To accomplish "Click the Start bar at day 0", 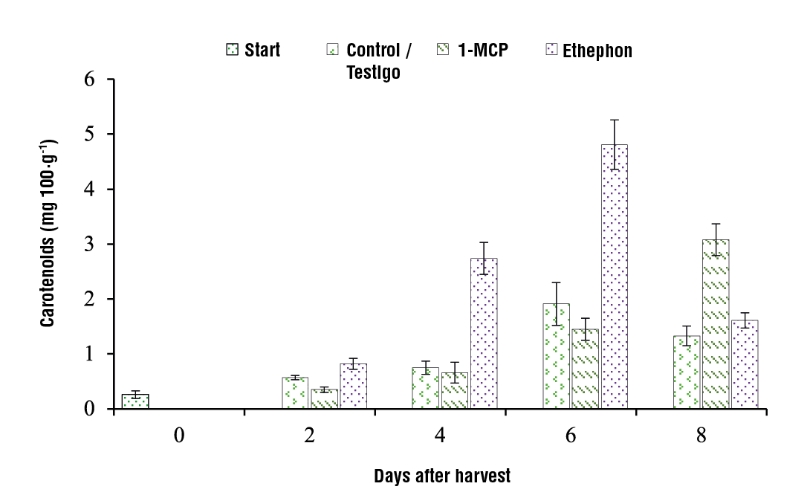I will [x=135, y=401].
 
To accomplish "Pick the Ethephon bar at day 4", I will [x=484, y=333].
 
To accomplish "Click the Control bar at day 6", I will [x=557, y=356].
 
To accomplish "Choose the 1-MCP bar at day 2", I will [x=325, y=399].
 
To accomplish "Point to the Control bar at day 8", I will [x=687, y=372].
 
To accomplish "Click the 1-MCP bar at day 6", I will [x=585, y=369].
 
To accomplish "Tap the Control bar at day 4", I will [x=426, y=388].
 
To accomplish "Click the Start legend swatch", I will [x=232, y=51].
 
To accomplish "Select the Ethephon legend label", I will [x=597, y=51].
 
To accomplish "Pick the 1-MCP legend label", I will [x=482, y=51].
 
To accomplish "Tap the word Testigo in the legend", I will [x=374, y=73].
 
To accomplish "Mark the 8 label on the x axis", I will [x=701, y=436].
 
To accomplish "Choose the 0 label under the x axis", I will [x=179, y=436].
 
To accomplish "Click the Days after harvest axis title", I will [x=442, y=476].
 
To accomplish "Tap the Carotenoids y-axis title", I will [x=48, y=233].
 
